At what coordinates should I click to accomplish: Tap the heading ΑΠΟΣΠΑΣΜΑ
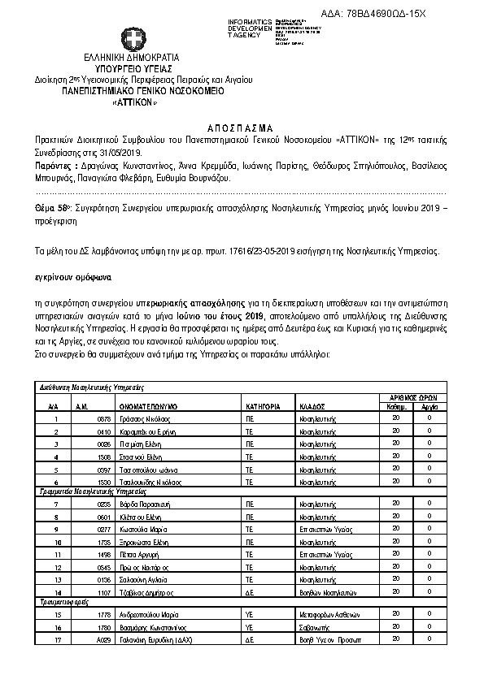tap(242, 128)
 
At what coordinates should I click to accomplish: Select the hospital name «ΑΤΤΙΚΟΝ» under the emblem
tap(131, 103)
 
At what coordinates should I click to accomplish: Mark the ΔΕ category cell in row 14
tap(251, 593)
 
